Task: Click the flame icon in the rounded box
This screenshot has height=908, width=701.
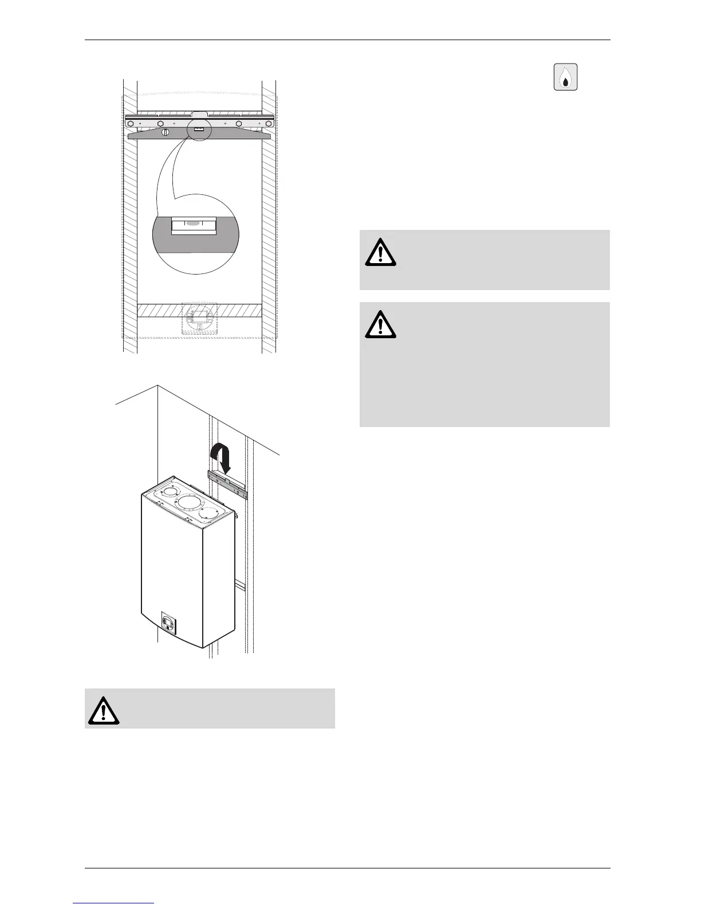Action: pos(566,77)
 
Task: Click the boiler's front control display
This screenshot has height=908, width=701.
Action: pos(169,623)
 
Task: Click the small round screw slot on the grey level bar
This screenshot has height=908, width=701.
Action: pos(166,132)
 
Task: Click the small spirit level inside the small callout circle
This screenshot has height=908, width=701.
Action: pos(198,130)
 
